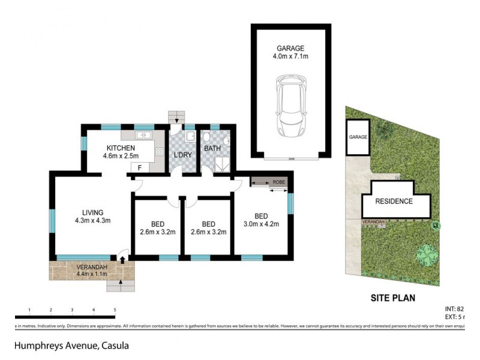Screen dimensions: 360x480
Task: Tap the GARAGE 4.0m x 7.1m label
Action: click(x=290, y=53)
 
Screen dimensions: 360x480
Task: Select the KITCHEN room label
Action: click(x=121, y=149)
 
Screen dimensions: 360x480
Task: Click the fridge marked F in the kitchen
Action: click(x=139, y=168)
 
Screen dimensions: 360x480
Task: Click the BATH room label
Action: click(x=212, y=148)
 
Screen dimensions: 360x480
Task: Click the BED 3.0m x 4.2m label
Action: click(x=261, y=221)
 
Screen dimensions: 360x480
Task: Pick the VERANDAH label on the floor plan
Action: click(x=92, y=271)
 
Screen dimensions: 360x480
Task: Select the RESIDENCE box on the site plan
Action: click(x=395, y=201)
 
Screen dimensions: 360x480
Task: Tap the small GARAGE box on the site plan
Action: click(x=358, y=137)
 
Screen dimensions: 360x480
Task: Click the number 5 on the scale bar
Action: click(x=115, y=310)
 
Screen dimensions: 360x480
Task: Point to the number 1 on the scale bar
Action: click(x=29, y=310)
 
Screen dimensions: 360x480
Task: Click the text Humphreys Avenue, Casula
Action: click(x=71, y=346)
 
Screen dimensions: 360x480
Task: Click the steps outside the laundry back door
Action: click(x=176, y=115)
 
